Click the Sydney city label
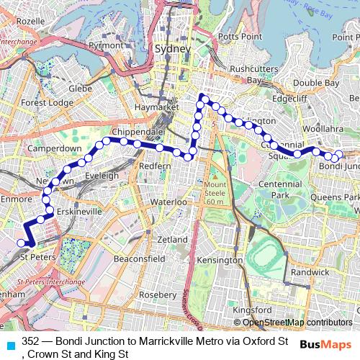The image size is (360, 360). (x=173, y=48)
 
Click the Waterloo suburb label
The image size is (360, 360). (x=168, y=202)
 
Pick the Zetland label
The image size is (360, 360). (x=172, y=239)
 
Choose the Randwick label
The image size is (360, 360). (x=310, y=272)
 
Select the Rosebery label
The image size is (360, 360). (x=158, y=294)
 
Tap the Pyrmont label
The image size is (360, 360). (x=106, y=45)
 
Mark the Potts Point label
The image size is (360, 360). (x=238, y=35)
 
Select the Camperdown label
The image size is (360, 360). (x=54, y=148)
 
